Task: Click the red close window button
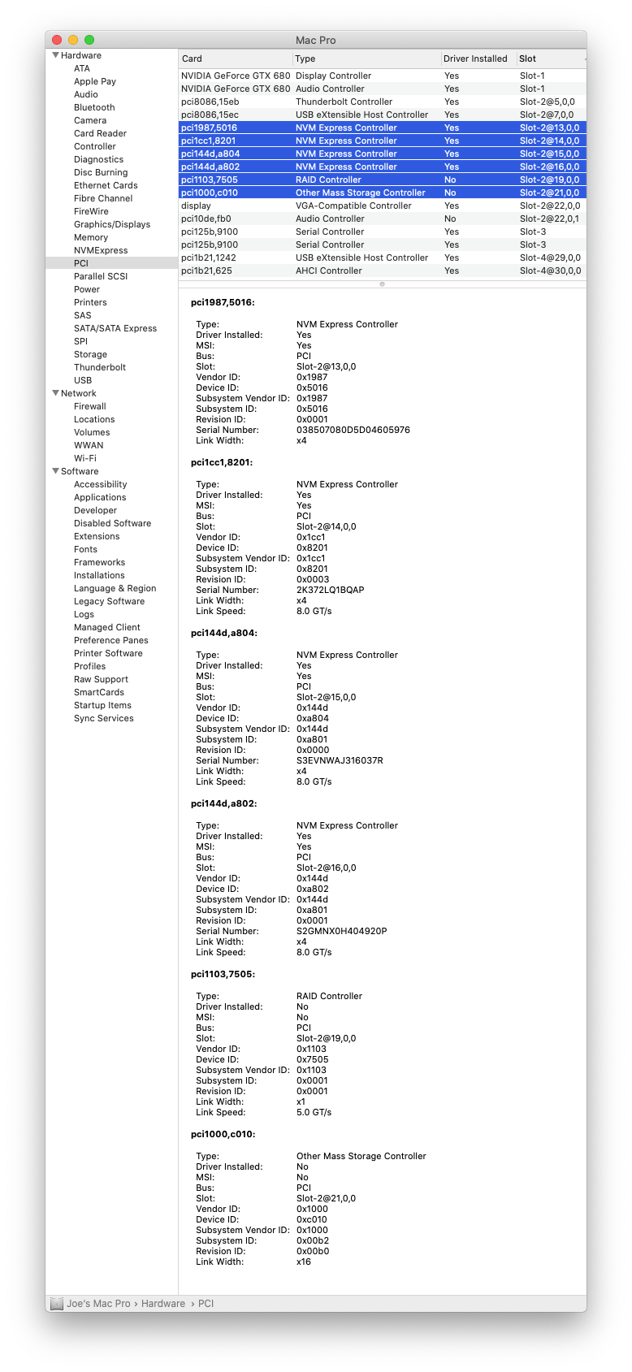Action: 57,40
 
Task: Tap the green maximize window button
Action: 89,40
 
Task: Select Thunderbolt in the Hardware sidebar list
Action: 100,367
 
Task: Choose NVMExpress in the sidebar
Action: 101,250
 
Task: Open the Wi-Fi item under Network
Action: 85,458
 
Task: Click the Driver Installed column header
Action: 475,58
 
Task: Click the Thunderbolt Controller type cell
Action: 344,102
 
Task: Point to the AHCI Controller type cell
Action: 329,271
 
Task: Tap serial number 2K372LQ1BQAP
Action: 331,590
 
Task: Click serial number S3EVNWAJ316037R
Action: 340,760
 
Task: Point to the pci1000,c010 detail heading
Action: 223,1134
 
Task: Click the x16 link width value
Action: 304,1262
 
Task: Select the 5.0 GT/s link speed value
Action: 314,1112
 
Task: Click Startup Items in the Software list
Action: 102,705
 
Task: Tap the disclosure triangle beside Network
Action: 55,393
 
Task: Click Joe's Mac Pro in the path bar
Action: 98,1303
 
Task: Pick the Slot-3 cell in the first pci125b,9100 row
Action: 533,232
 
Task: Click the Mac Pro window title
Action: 316,40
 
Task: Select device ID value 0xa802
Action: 313,889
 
